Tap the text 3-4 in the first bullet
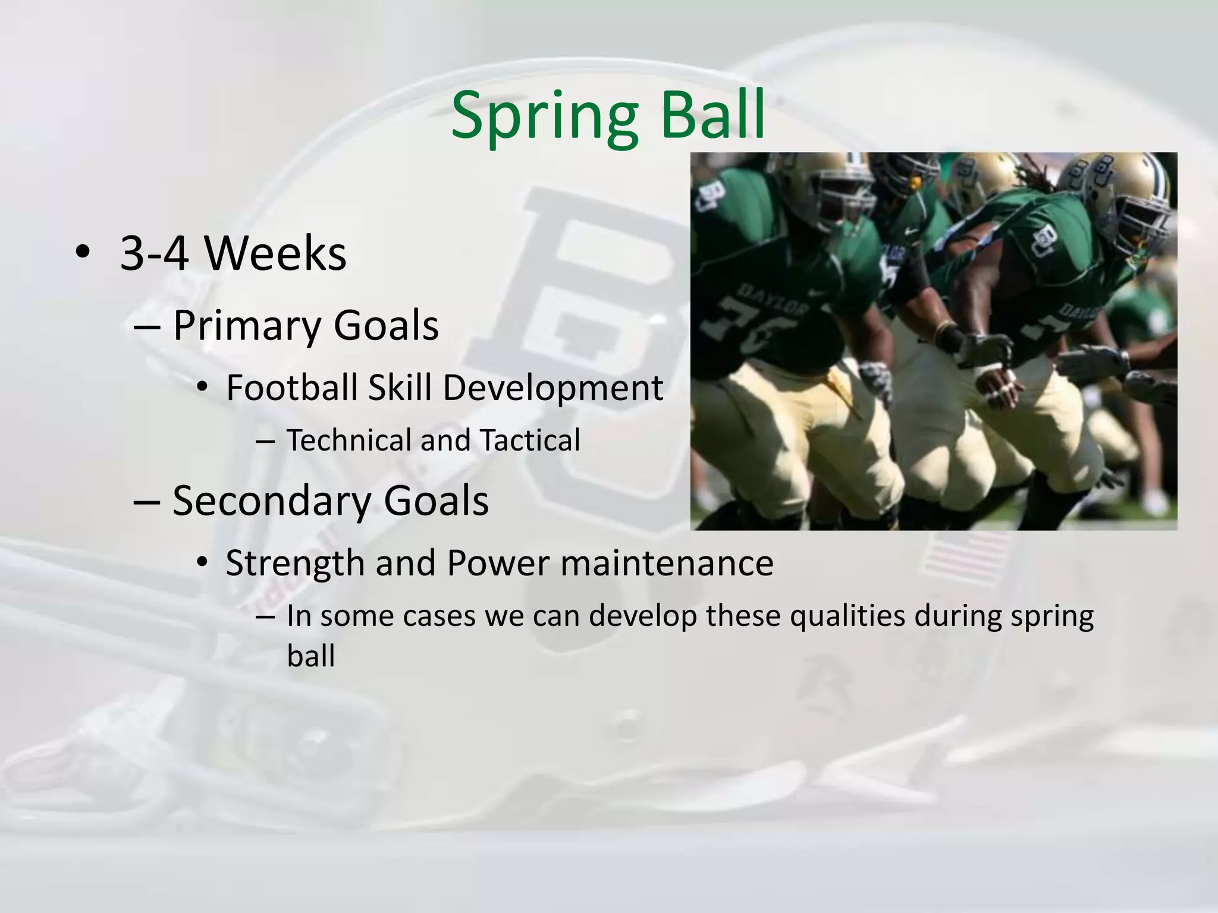coord(155,254)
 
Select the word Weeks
coord(275,254)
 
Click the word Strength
coord(295,563)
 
